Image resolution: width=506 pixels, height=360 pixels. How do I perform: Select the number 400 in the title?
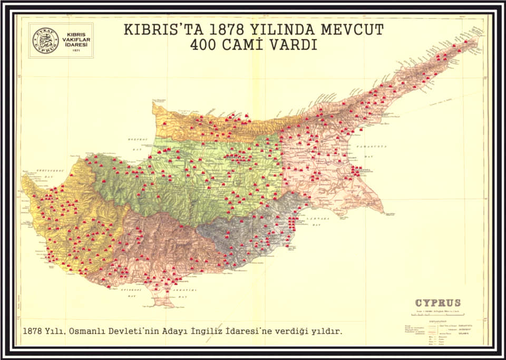[x=208, y=45]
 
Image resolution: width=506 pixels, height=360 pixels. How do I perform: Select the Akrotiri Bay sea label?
[x=182, y=293]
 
